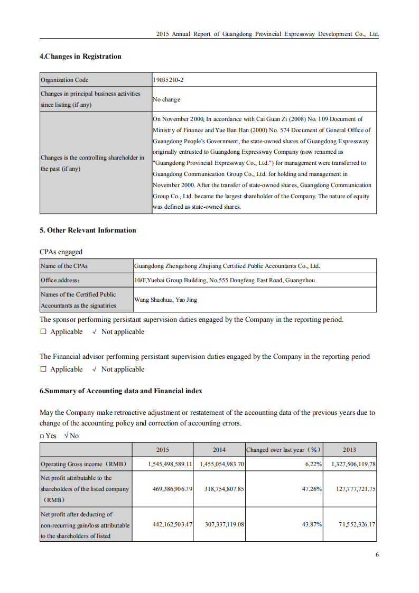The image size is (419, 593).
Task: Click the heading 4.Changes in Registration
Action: [x=80, y=57]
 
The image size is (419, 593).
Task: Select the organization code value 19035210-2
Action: [x=168, y=80]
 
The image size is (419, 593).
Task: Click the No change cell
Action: [x=166, y=99]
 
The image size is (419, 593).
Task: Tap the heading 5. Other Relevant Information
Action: [x=88, y=230]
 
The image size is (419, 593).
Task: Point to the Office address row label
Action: [x=60, y=280]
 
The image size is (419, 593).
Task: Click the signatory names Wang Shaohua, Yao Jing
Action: [x=165, y=300]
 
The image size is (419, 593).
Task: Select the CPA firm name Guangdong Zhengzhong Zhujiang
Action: [x=227, y=266]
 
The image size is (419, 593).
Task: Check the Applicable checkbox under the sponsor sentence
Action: [x=43, y=332]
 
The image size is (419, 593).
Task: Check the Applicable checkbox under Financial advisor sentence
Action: [x=43, y=369]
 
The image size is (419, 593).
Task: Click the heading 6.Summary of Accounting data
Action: [x=120, y=391]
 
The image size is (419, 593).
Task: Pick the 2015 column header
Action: [x=163, y=450]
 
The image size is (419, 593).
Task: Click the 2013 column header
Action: [x=349, y=450]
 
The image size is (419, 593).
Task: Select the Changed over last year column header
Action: [x=284, y=450]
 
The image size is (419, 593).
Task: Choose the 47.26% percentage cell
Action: [x=312, y=489]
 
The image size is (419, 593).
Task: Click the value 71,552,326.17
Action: [x=357, y=524]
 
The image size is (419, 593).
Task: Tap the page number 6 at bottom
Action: [x=377, y=554]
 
